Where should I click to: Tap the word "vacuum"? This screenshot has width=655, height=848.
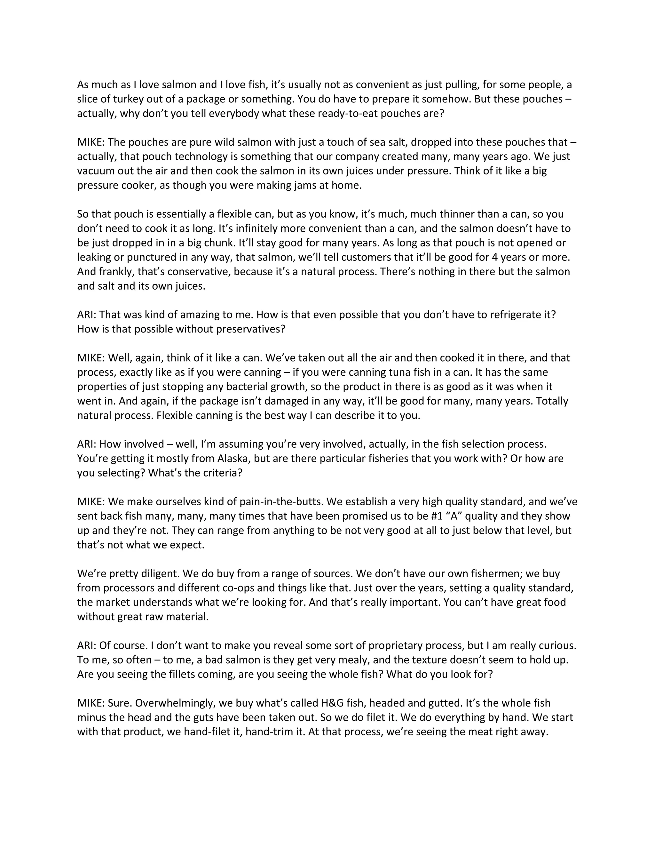pyautogui.click(x=95, y=171)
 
